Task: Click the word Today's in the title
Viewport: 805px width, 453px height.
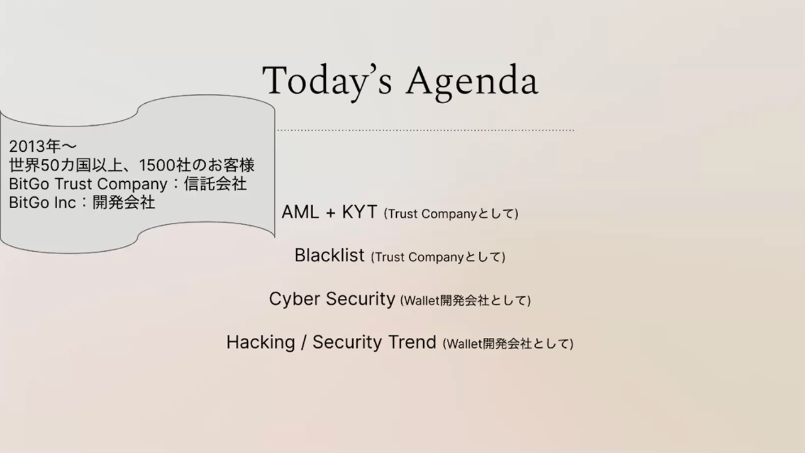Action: click(x=326, y=81)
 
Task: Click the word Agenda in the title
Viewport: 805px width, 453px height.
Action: click(x=472, y=82)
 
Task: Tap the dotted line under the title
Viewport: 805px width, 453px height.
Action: click(x=426, y=130)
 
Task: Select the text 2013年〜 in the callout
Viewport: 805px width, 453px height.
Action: click(x=43, y=147)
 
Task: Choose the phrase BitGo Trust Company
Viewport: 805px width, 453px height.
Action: click(x=88, y=184)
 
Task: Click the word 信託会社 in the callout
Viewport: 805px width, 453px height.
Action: click(x=215, y=184)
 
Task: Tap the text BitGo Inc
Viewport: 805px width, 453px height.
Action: click(x=42, y=203)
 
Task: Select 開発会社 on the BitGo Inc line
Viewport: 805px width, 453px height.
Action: click(x=124, y=203)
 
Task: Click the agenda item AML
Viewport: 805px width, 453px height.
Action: click(x=300, y=212)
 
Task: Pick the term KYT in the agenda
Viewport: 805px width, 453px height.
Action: click(x=359, y=212)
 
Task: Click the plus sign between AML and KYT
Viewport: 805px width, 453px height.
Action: click(x=331, y=213)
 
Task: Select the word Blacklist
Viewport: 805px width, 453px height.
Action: click(x=330, y=255)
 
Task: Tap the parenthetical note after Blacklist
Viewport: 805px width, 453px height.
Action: click(x=438, y=257)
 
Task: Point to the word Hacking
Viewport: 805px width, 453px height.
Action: click(x=260, y=342)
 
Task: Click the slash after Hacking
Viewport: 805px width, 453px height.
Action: click(x=304, y=342)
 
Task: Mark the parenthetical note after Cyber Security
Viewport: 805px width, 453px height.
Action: click(x=465, y=300)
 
